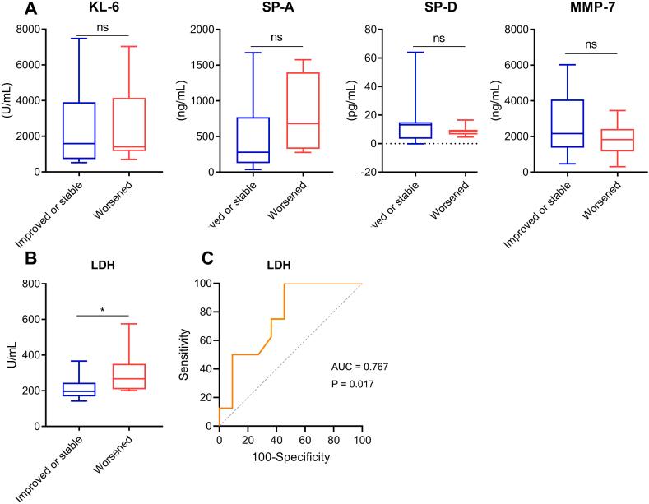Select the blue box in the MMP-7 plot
coord(568,123)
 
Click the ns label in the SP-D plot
coord(438,38)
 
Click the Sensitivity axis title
coord(184,354)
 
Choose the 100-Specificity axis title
coord(290,456)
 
